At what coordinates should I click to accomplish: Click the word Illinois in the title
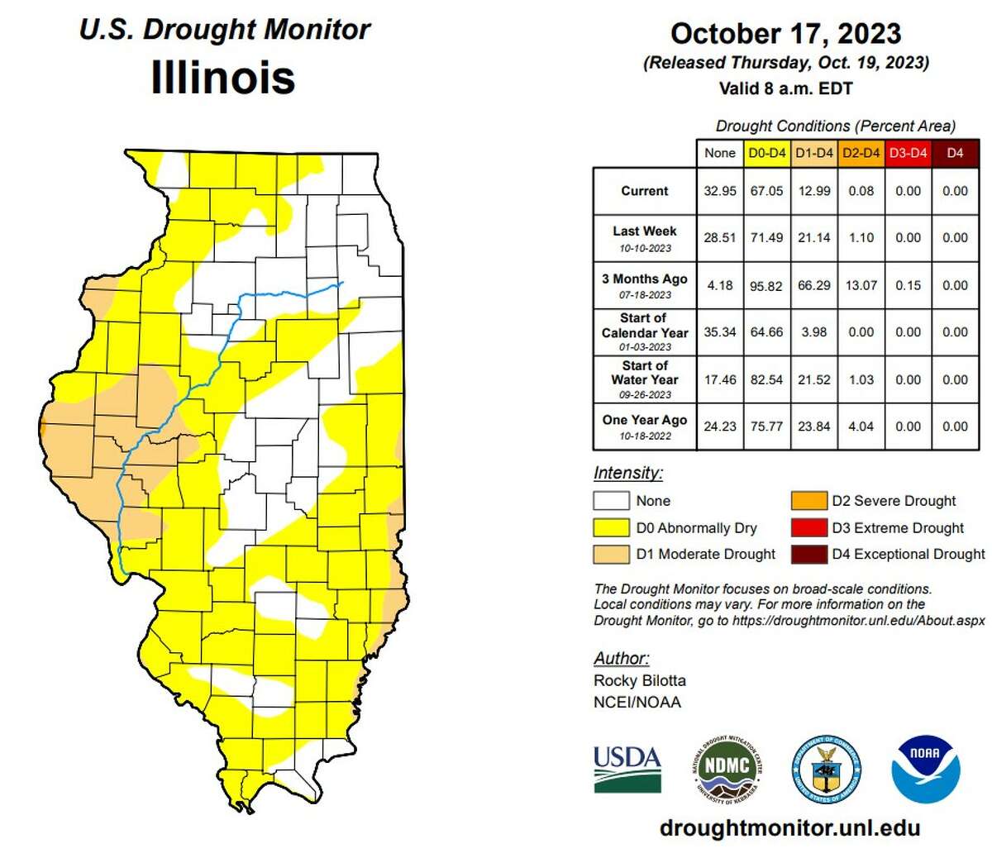[x=223, y=78]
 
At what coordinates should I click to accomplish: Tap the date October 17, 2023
[x=785, y=34]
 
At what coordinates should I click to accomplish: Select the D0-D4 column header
[x=766, y=153]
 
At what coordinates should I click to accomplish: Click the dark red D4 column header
[x=955, y=153]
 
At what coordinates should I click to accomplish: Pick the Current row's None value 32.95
[x=719, y=191]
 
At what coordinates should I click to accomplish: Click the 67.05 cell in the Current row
[x=766, y=191]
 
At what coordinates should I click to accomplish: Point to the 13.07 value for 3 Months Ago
[x=861, y=285]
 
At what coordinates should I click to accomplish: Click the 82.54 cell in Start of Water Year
[x=766, y=379]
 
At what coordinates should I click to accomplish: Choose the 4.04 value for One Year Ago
[x=861, y=426]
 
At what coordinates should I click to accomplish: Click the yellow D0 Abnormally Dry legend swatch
[x=611, y=527]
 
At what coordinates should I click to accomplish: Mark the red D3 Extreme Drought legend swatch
[x=808, y=527]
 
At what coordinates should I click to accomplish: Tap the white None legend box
[x=611, y=501]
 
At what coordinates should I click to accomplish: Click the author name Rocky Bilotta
[x=640, y=680]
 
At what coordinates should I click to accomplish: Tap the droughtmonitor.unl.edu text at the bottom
[x=789, y=828]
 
